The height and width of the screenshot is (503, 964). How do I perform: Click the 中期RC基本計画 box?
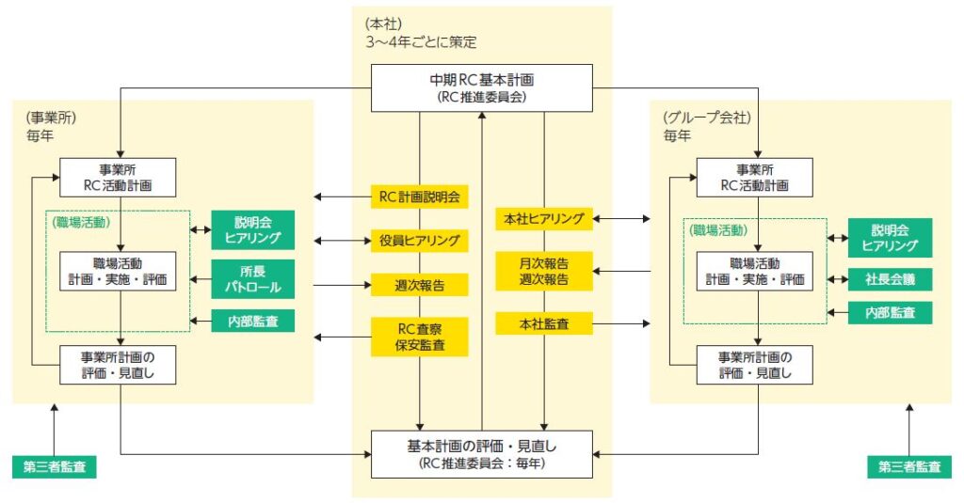481,86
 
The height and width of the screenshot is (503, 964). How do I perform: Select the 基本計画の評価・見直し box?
481,453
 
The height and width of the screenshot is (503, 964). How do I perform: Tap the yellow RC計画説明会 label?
419,196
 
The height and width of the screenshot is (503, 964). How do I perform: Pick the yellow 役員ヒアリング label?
419,241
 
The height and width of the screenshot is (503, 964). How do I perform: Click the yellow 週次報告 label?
419,284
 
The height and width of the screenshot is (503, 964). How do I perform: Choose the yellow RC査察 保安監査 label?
419,336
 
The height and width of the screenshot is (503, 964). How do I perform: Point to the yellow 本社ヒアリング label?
543,219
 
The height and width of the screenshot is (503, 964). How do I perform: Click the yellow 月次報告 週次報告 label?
543,271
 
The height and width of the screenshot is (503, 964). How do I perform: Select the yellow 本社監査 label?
543,324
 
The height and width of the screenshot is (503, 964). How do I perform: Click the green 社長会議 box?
890,278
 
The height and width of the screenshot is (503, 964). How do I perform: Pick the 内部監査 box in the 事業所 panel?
252,321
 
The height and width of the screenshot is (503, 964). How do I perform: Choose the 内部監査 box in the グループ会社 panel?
890,311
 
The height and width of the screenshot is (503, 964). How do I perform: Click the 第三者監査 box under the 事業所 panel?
55,466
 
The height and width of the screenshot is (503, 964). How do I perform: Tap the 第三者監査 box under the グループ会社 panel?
909,466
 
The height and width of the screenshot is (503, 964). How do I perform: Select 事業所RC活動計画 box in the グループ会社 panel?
755,177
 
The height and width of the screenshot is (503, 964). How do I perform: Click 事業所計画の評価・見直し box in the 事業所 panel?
118,365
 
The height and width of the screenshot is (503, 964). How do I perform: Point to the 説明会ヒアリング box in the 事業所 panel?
252,229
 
